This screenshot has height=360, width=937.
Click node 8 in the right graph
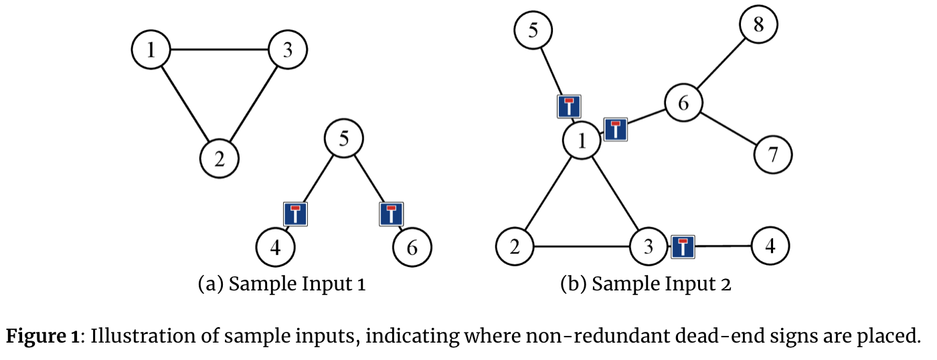pos(758,25)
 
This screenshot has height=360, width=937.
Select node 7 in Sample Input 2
pos(773,155)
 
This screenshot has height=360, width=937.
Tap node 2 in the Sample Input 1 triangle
pos(220,158)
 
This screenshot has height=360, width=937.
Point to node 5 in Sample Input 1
pos(343,139)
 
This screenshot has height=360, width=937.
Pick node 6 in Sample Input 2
pos(683,104)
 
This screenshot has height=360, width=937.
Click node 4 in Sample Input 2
pos(770,246)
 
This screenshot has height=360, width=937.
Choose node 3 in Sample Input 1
pos(287,50)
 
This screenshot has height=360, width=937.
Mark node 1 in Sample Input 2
pos(582,141)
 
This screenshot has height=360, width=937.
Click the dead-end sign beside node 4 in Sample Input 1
pos(295,213)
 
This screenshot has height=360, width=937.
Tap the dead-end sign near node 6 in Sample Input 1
pos(392,213)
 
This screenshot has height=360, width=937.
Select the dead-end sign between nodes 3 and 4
pos(683,247)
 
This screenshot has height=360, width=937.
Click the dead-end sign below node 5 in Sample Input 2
pos(569,106)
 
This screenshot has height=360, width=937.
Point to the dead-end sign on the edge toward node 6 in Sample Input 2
pos(616,129)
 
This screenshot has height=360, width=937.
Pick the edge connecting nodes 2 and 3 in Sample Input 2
pos(581,247)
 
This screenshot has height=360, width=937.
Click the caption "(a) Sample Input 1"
pos(282,284)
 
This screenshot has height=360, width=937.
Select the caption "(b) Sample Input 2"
pos(645,284)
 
